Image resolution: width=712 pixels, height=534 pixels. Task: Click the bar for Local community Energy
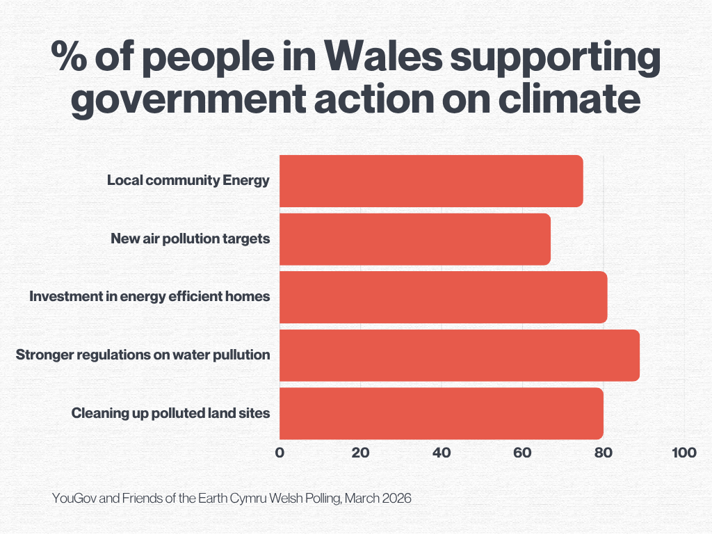coord(431,181)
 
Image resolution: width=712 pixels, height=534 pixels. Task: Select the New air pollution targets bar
coord(414,239)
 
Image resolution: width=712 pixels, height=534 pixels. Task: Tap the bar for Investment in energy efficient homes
coord(443,298)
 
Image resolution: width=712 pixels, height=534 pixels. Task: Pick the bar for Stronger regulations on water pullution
coord(459,355)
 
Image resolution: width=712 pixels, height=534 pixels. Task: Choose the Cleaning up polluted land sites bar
coord(441,414)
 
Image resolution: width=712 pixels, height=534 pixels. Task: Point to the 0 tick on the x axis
coord(280,453)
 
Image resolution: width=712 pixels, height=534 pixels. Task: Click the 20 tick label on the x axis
coord(360,453)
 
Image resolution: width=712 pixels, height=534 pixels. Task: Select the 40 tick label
coord(442,453)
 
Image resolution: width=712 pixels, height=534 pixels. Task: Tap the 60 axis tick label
coord(522,453)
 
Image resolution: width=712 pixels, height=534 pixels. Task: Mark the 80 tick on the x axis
coord(603,453)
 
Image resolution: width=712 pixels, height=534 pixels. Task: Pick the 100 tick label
coord(684,453)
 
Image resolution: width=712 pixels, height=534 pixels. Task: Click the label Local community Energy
coord(188,181)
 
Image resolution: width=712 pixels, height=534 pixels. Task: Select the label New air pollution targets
coord(190,239)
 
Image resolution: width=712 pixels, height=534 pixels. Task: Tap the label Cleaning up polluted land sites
coord(170,414)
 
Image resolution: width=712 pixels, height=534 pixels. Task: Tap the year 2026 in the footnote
coord(397,499)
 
